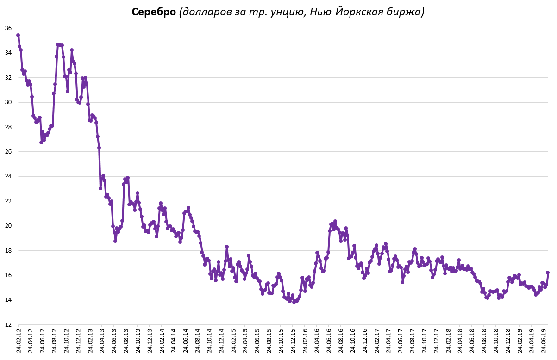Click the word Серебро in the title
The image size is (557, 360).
point(154,12)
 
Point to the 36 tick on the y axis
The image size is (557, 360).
point(8,28)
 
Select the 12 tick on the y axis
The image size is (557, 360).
point(8,324)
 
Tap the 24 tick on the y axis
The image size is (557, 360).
point(8,176)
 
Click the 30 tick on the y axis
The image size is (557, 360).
point(8,102)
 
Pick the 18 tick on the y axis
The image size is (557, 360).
point(8,250)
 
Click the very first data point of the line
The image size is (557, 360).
point(18,35)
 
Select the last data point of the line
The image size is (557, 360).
point(548,273)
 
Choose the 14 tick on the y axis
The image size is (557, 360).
point(8,300)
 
